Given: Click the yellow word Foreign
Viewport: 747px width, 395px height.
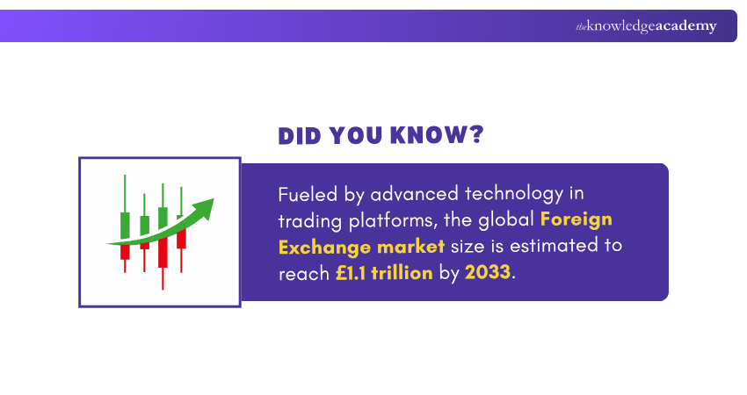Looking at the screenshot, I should click(x=576, y=219).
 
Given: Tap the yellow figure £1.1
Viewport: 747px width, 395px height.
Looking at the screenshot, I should click(x=351, y=272).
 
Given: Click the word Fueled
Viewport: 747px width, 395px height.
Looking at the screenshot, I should click(x=306, y=192).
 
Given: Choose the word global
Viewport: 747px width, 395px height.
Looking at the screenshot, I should click(x=507, y=219).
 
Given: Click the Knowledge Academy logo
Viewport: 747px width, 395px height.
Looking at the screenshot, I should click(x=646, y=26).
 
